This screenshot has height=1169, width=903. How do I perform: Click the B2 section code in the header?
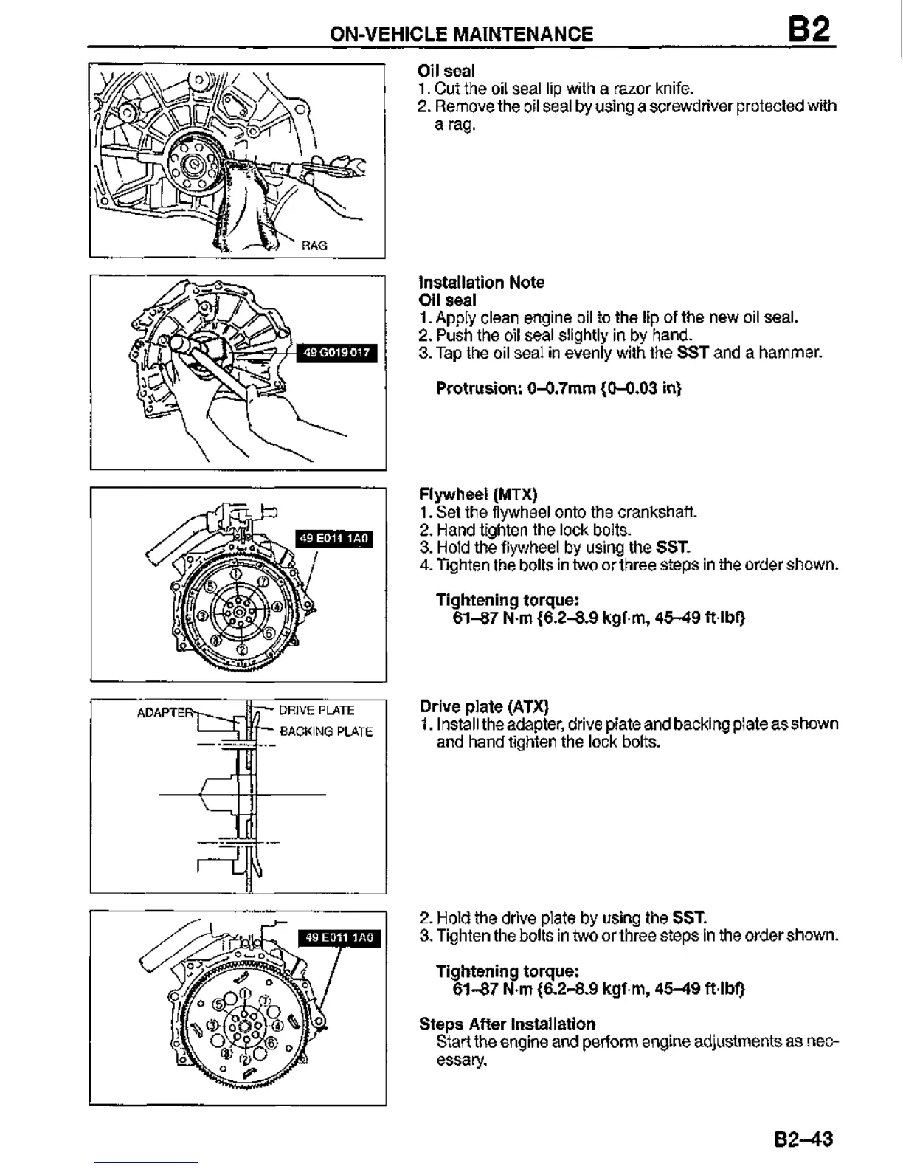tap(809, 31)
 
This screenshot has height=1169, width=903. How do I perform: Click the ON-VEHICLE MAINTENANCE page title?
tap(461, 34)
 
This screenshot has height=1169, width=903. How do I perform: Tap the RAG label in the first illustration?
tap(314, 246)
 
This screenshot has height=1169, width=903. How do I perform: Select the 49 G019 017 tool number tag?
tap(336, 353)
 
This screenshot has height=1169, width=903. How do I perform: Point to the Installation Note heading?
tap(481, 283)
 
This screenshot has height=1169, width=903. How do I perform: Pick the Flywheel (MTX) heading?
tap(478, 494)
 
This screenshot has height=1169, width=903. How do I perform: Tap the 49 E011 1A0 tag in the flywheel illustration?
tap(334, 539)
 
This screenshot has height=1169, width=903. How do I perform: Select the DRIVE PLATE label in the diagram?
tap(316, 711)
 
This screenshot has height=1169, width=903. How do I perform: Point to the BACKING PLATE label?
tap(326, 731)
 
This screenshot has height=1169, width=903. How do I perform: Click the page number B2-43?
tap(803, 1139)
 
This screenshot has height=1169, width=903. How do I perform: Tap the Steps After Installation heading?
tap(507, 1024)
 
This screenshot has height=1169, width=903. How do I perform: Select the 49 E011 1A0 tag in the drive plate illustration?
tap(340, 937)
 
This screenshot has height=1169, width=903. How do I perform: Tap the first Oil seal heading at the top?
tap(446, 71)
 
